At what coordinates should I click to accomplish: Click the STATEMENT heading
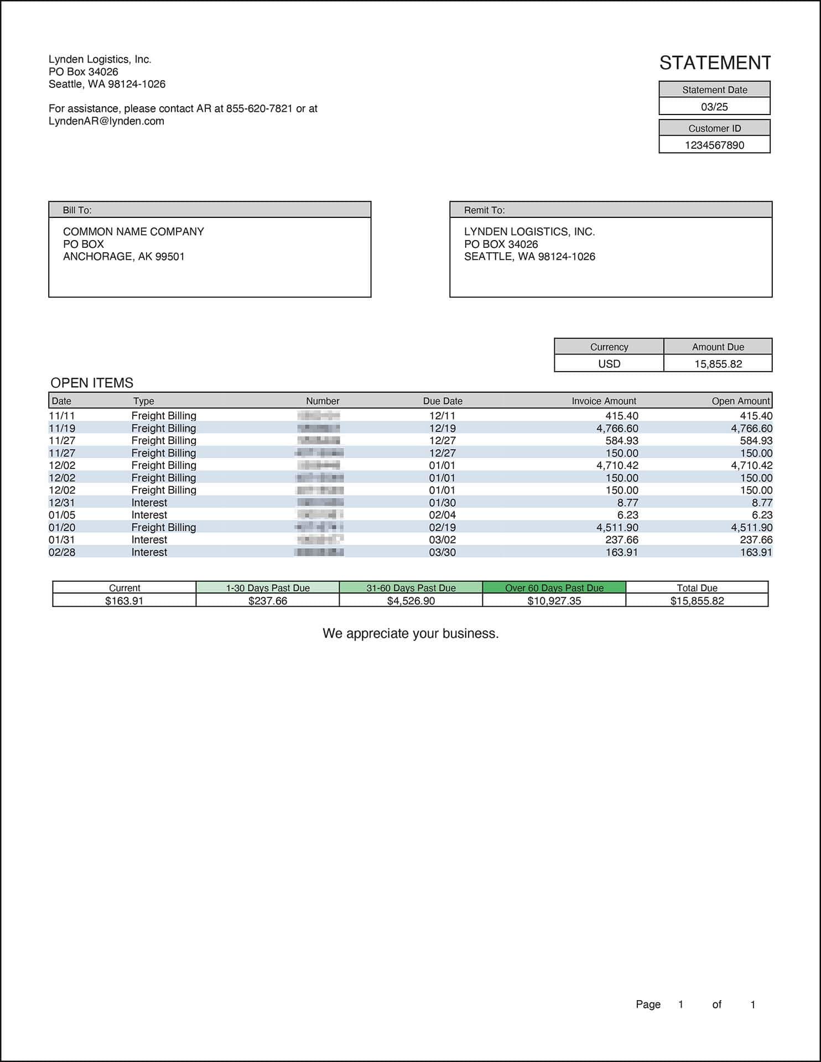click(x=715, y=63)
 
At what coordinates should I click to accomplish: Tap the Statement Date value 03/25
click(x=714, y=107)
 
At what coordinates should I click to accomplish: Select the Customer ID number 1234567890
click(x=714, y=145)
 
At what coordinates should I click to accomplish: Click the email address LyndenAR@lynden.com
click(x=106, y=121)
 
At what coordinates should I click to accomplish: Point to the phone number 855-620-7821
click(x=259, y=108)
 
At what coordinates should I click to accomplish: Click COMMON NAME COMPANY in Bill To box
click(x=133, y=232)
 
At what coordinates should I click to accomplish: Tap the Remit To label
click(x=484, y=210)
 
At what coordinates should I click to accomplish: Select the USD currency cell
click(x=609, y=364)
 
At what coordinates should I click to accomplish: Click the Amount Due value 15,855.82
click(x=718, y=364)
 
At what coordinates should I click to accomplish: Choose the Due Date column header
click(x=443, y=401)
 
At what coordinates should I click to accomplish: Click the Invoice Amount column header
click(x=604, y=401)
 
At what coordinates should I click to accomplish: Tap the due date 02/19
click(x=442, y=527)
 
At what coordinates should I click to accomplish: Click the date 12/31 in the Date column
click(x=62, y=502)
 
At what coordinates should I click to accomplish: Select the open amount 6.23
click(x=762, y=515)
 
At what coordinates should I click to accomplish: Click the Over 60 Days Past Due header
click(x=554, y=588)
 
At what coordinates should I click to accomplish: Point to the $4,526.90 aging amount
click(x=410, y=601)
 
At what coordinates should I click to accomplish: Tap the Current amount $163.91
click(x=124, y=601)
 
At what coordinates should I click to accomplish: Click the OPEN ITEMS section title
click(x=92, y=383)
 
